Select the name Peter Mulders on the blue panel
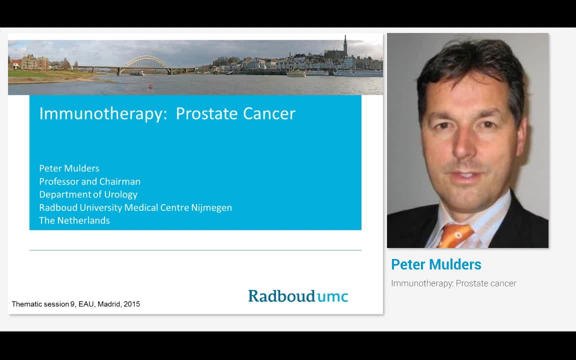(x=69, y=168)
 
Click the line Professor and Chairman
(x=89, y=181)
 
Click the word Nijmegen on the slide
(x=211, y=207)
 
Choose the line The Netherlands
(x=74, y=220)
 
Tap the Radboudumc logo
(x=298, y=296)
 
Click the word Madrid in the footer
(x=109, y=304)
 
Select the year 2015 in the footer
(x=131, y=304)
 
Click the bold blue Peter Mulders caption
(x=436, y=264)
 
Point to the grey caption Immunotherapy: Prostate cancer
(x=453, y=283)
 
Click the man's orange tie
(x=454, y=235)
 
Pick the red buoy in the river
(x=149, y=86)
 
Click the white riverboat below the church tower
(x=357, y=73)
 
